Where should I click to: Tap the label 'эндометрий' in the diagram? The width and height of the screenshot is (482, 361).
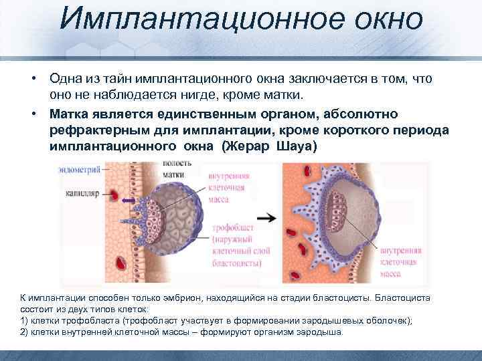(x=80, y=170)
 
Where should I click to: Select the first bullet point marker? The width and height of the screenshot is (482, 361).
(x=32, y=79)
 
